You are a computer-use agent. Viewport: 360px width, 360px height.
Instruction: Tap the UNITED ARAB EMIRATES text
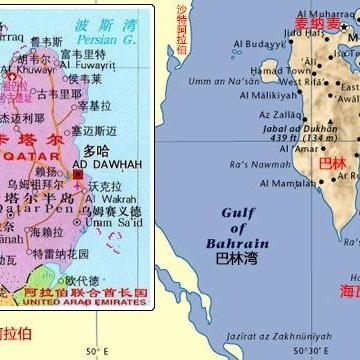point(77,296)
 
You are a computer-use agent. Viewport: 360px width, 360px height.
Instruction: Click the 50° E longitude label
point(96,351)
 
